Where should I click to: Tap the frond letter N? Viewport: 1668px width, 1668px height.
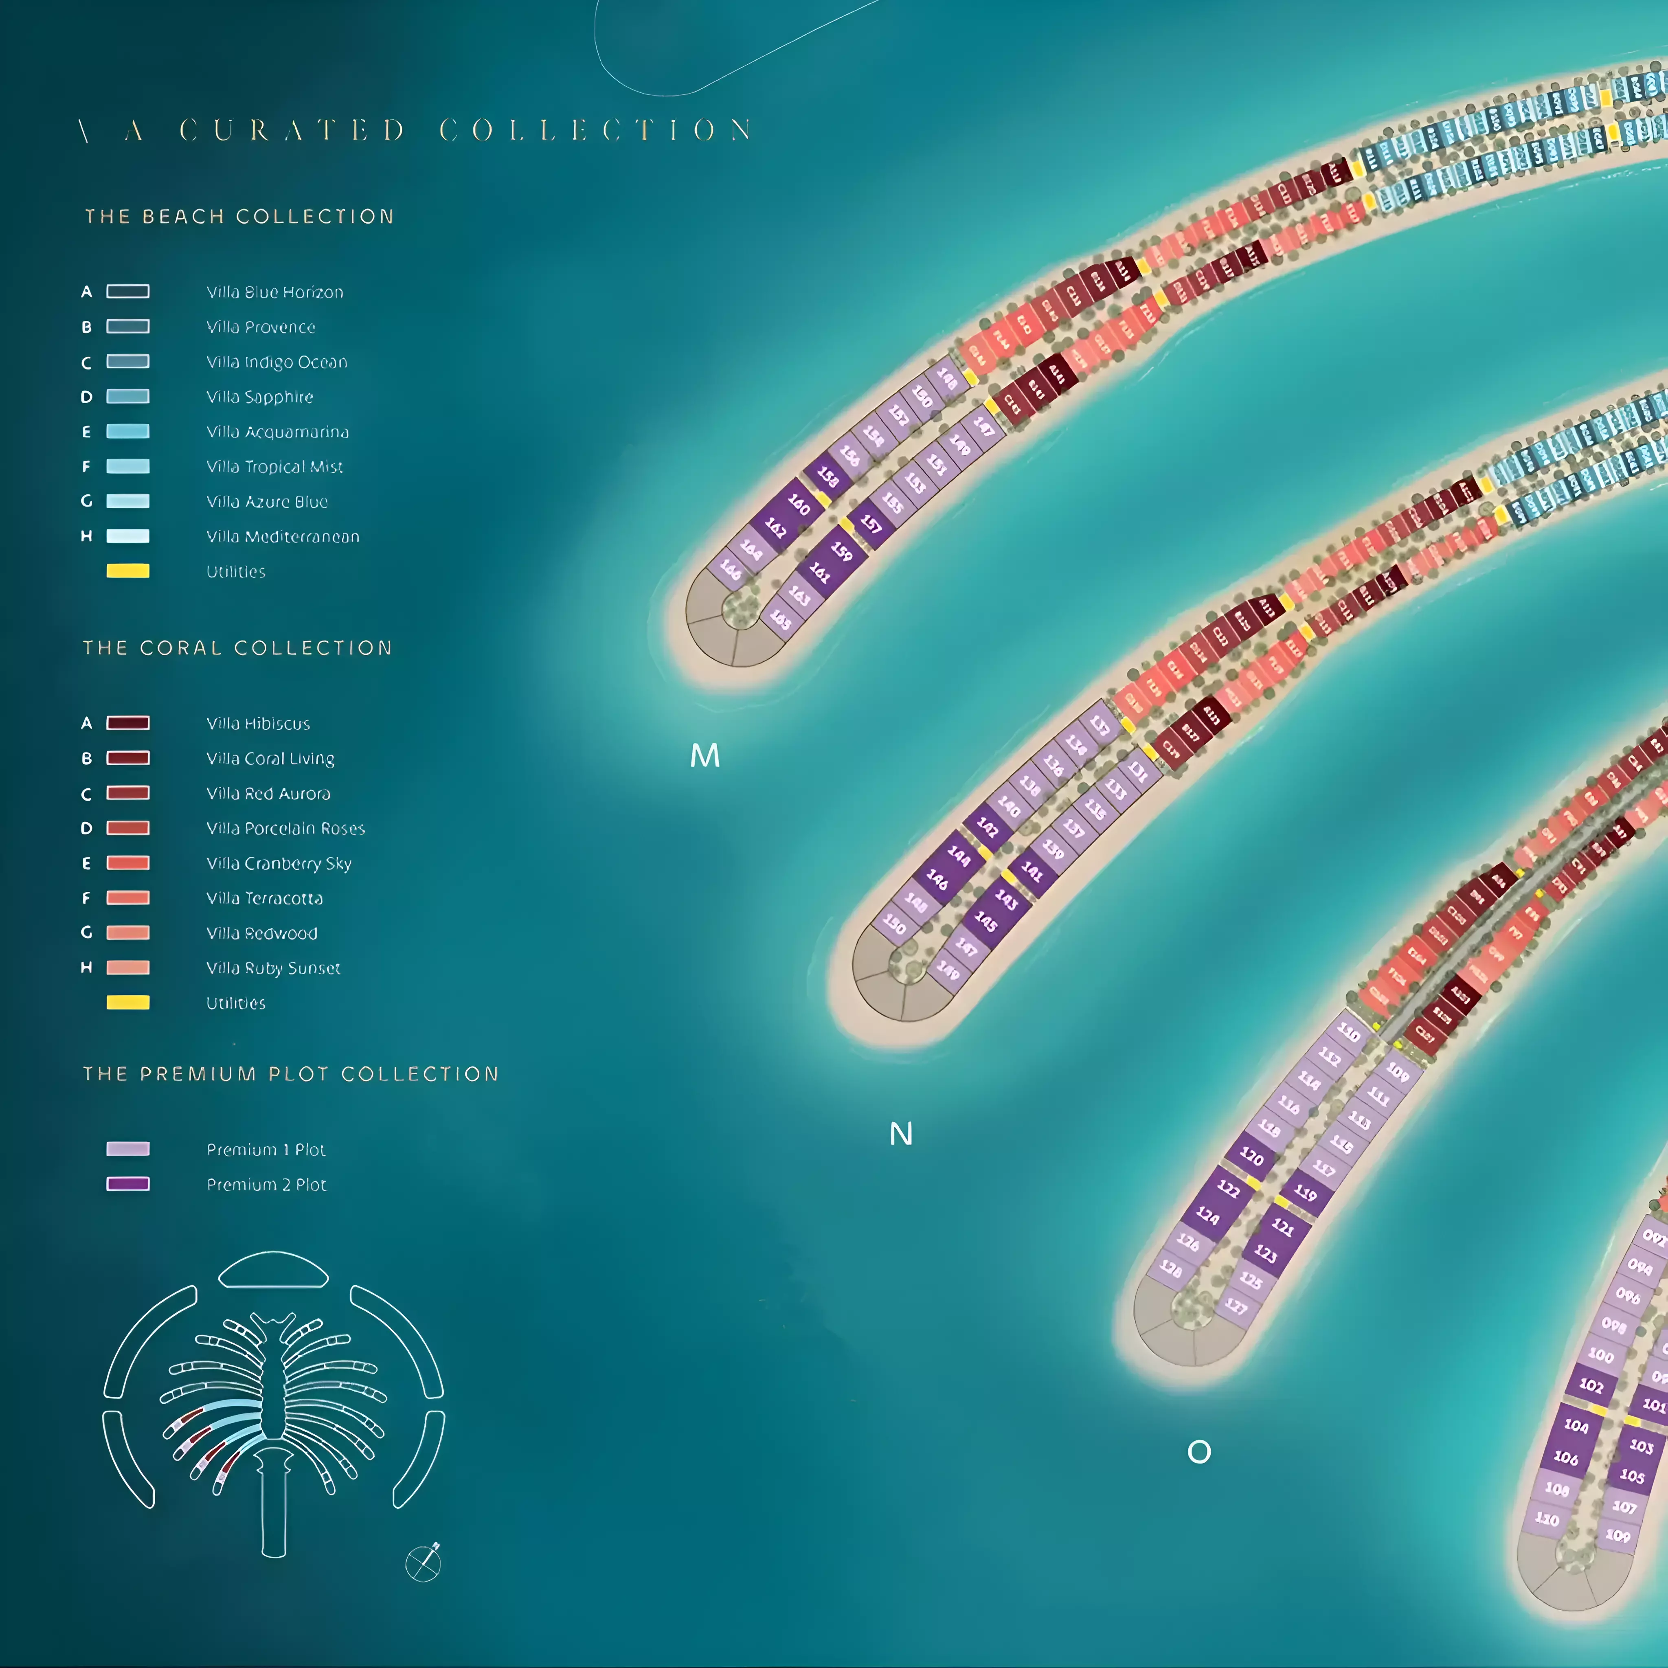pos(900,1134)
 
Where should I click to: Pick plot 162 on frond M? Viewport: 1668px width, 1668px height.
pos(775,527)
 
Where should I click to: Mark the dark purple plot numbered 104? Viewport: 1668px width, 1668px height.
pos(1576,1426)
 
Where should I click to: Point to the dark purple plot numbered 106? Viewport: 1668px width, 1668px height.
pos(1565,1458)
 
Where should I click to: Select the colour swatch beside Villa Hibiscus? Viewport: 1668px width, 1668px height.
pos(128,723)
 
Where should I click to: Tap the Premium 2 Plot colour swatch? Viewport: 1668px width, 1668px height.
pos(128,1184)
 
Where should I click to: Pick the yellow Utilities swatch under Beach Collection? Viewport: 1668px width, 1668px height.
pos(128,571)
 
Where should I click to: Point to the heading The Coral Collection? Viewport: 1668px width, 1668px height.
pos(237,647)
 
